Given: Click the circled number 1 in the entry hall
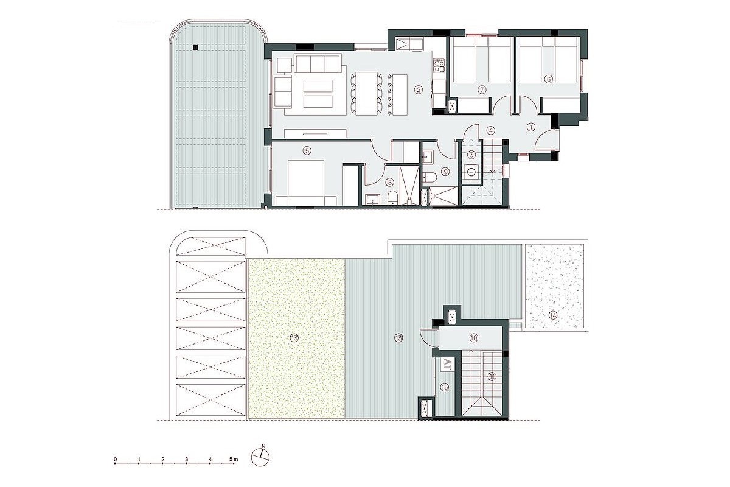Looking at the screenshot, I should click(x=530, y=127).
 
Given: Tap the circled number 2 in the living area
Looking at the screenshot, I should click(x=419, y=90).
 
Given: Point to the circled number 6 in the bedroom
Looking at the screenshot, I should click(x=549, y=79).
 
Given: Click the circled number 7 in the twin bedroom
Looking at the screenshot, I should click(x=482, y=90).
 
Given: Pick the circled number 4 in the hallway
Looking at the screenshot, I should click(x=490, y=129).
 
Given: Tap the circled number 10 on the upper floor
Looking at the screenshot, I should click(x=474, y=337).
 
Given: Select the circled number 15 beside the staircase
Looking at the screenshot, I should click(x=445, y=387).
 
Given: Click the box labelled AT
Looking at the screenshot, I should click(x=447, y=365).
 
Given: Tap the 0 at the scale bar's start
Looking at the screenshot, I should click(x=116, y=457).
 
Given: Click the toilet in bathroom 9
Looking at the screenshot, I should click(x=429, y=176).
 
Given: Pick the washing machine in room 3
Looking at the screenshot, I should click(x=471, y=172).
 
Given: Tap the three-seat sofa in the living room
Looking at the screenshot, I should click(x=317, y=63).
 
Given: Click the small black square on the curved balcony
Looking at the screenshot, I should click(x=195, y=47).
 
